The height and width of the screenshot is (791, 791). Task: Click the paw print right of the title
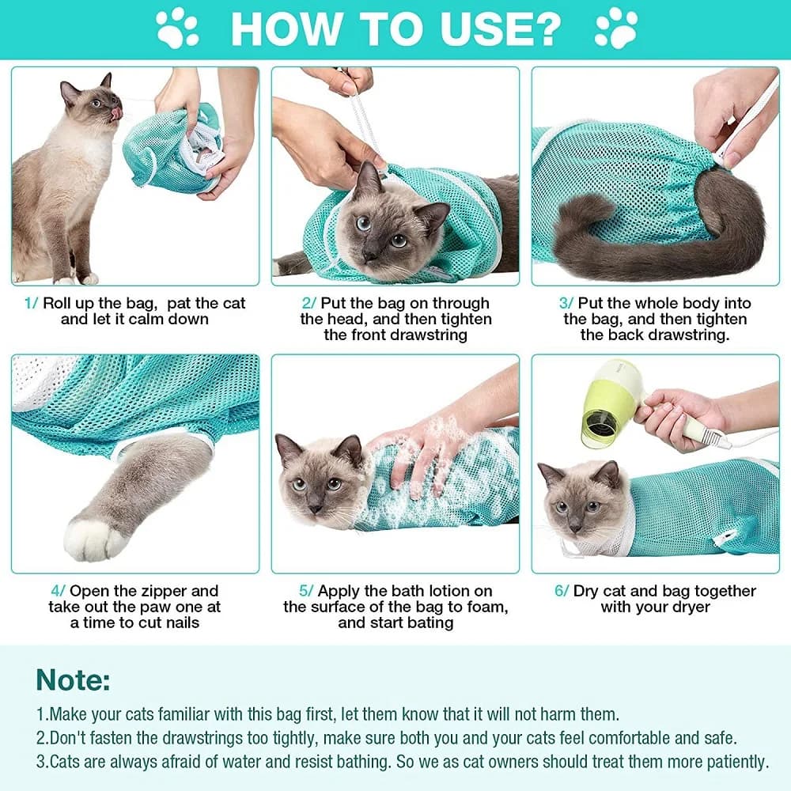(616, 28)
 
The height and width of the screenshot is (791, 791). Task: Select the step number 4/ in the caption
(59, 591)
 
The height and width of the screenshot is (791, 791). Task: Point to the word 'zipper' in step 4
(169, 591)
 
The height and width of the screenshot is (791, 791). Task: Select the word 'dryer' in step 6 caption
(690, 607)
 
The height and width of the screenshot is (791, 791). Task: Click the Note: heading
(74, 679)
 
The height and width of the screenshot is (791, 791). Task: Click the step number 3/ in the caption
(566, 303)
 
